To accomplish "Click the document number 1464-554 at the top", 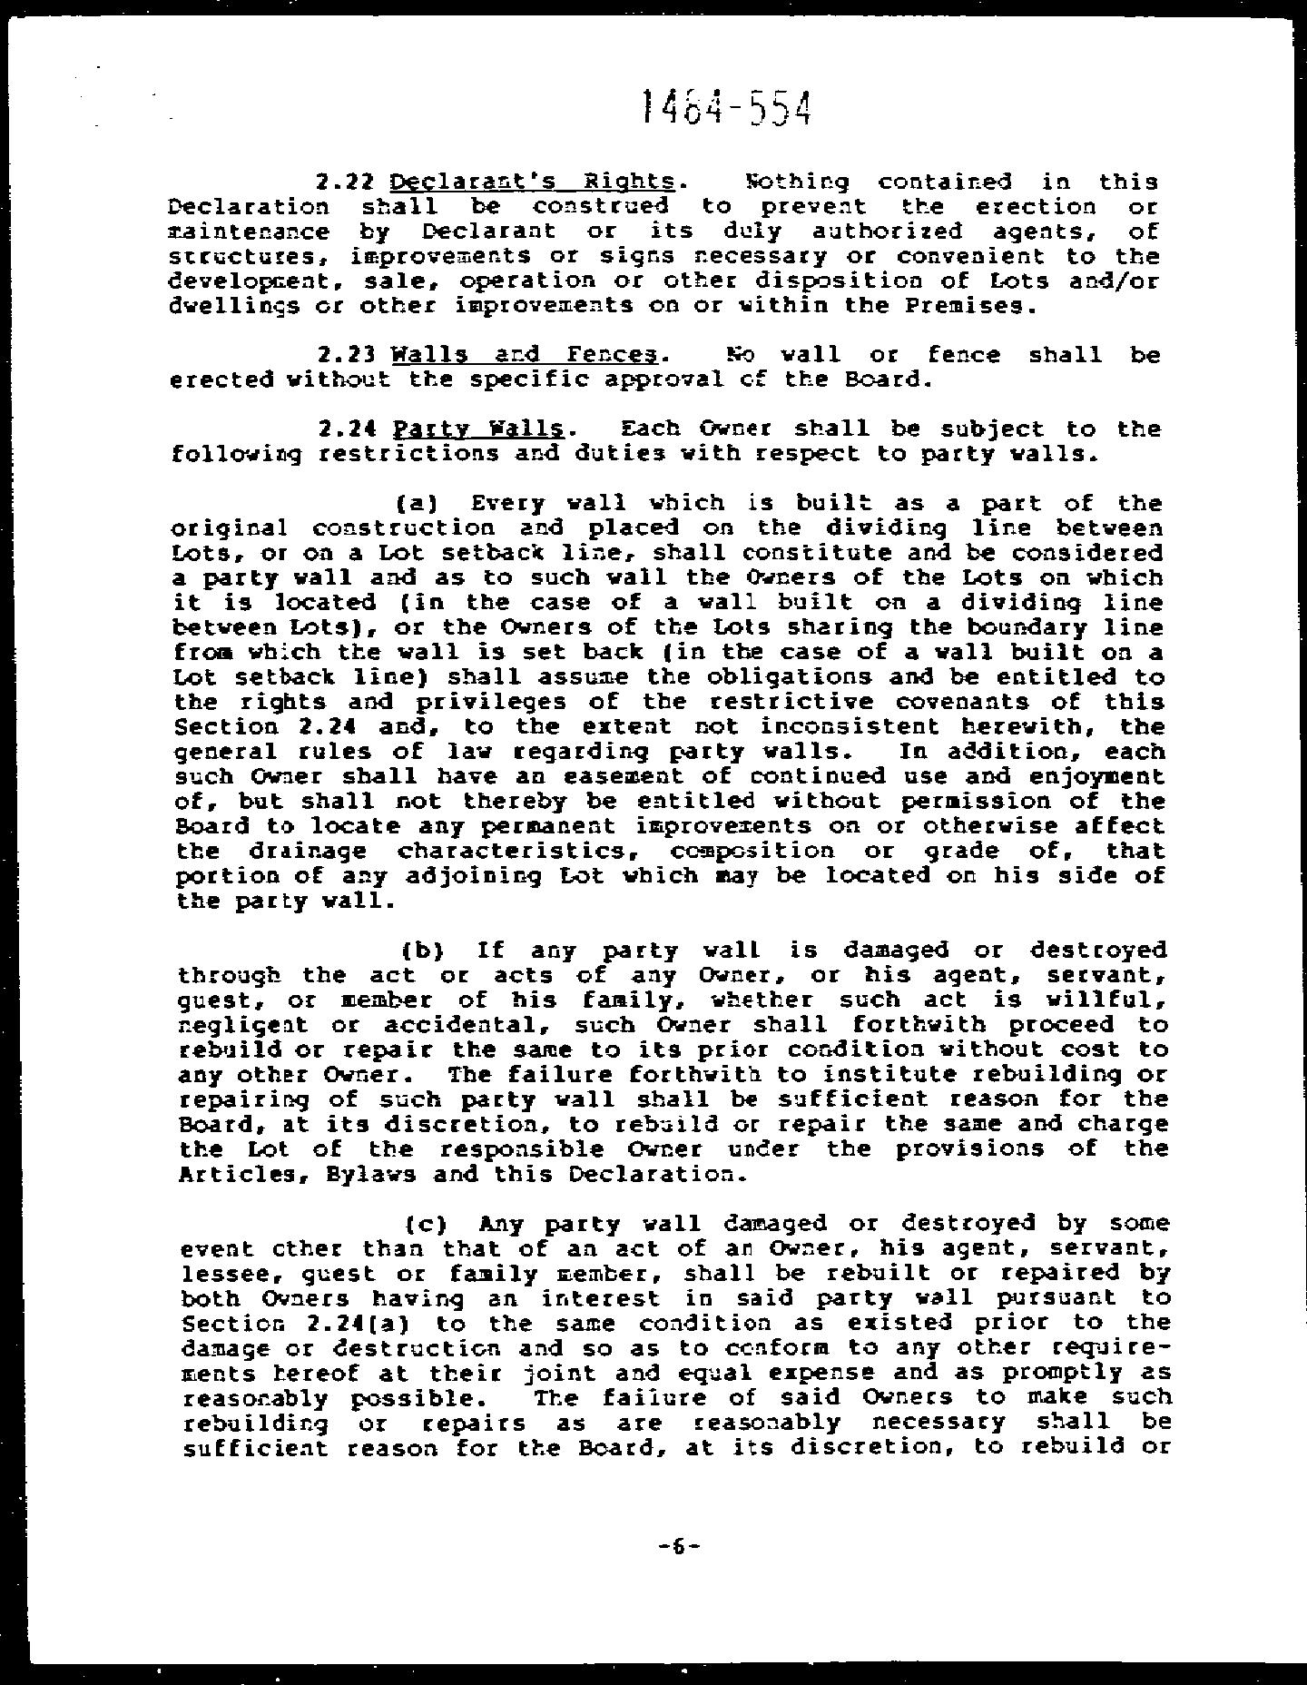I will click(x=725, y=108).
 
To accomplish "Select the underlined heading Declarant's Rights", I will click(x=532, y=182).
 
